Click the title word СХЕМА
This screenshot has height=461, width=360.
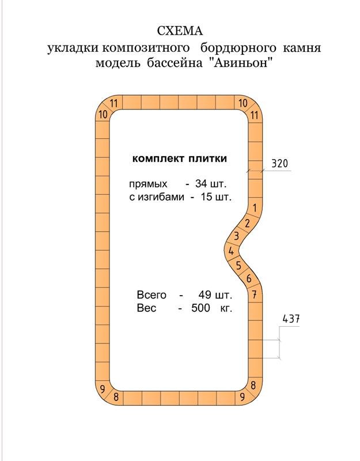pyautogui.click(x=180, y=30)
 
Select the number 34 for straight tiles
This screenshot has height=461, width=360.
pyautogui.click(x=203, y=185)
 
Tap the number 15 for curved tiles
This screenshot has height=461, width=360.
pyautogui.click(x=203, y=198)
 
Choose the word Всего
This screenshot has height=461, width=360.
pyautogui.click(x=151, y=295)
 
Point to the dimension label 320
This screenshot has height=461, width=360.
pyautogui.click(x=279, y=164)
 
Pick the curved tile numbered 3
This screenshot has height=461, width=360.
pyautogui.click(x=236, y=236)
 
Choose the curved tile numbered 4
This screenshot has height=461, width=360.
pyautogui.click(x=231, y=251)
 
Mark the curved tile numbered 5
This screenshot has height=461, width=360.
pyautogui.click(x=238, y=266)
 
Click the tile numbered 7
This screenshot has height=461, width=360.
pyautogui.click(x=255, y=295)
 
